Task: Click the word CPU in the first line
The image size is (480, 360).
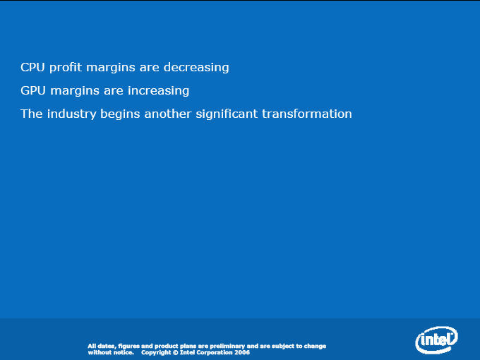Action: point(32,67)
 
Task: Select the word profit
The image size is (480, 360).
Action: point(66,68)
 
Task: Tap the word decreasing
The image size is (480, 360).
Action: point(196,68)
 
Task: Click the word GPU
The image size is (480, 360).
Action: point(33,90)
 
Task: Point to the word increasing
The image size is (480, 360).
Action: point(158,91)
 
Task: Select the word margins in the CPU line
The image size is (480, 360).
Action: point(111,68)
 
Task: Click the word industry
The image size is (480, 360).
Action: point(71,114)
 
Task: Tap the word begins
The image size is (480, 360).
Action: point(120,114)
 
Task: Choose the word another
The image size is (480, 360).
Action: point(168,114)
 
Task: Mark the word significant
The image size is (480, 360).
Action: point(227,114)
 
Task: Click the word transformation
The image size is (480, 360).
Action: point(307,114)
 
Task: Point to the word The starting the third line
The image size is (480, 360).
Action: point(32,114)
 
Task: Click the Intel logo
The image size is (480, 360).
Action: point(436,340)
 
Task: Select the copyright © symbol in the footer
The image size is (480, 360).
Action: point(175,352)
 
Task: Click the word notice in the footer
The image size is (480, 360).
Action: point(124,352)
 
